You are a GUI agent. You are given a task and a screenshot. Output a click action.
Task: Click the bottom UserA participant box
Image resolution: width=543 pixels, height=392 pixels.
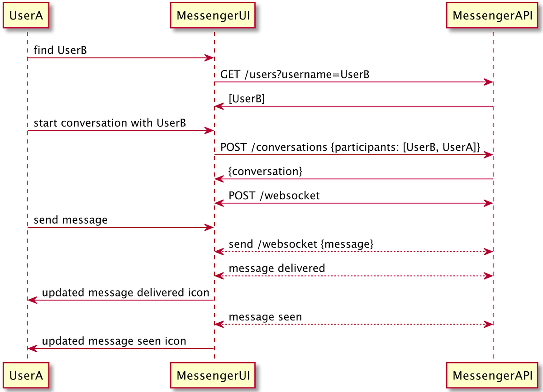[26, 375]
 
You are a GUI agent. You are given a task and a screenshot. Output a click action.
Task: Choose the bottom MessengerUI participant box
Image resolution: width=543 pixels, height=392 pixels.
[214, 375]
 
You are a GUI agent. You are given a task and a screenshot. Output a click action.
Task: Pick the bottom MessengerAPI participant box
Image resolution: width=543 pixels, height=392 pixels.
[493, 375]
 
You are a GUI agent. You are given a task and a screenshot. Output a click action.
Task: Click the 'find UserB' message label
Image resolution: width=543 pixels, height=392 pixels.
[60, 50]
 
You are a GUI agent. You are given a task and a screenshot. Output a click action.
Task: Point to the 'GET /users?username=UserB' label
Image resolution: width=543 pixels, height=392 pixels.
[295, 75]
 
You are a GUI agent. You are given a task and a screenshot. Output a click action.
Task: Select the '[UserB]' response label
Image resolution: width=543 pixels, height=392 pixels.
[247, 99]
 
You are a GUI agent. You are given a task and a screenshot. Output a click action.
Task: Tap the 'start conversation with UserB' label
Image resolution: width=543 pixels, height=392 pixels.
[110, 123]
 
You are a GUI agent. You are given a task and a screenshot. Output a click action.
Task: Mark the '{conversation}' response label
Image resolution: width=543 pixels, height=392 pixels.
[265, 172]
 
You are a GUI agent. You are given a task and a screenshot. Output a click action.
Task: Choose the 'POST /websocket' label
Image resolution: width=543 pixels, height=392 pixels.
[274, 196]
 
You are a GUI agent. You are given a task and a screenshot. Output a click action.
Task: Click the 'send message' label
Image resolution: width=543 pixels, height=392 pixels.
[71, 220]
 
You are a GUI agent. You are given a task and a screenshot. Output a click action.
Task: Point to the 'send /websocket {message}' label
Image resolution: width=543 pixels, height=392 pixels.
[301, 244]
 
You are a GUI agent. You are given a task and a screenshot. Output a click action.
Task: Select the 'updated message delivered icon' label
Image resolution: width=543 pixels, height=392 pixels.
[125, 292]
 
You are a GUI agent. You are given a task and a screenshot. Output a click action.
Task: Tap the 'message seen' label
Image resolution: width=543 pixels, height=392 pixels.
[265, 317]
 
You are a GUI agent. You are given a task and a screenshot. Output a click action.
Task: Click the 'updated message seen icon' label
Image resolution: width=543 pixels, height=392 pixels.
[114, 341]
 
